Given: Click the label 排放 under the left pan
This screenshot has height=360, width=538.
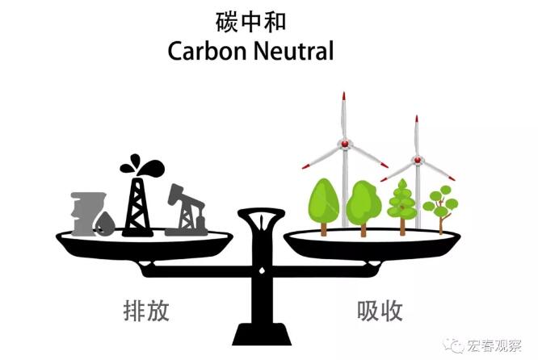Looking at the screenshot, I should [146, 311].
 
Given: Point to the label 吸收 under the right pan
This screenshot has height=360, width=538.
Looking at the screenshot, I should [380, 311].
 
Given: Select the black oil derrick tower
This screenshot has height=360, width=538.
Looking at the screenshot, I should [137, 202].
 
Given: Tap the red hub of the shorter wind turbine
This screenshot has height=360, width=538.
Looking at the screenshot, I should [418, 160].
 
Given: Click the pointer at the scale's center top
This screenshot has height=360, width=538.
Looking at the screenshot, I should [262, 220].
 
